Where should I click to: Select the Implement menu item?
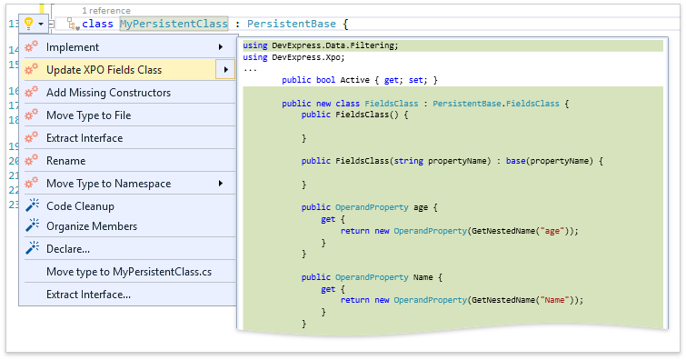click(x=73, y=46)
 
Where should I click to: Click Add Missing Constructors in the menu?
click(x=108, y=92)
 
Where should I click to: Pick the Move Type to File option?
click(x=89, y=115)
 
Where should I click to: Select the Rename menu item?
click(x=65, y=160)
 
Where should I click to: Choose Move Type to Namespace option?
click(x=108, y=183)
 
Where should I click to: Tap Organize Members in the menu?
click(x=92, y=225)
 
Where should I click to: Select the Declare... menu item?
click(x=68, y=248)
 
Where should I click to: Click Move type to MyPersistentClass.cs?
click(x=130, y=271)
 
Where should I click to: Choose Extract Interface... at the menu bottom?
click(x=88, y=294)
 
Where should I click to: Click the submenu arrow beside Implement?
click(x=221, y=46)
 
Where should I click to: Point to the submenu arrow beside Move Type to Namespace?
click(x=221, y=183)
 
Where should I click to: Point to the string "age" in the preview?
click(x=551, y=231)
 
